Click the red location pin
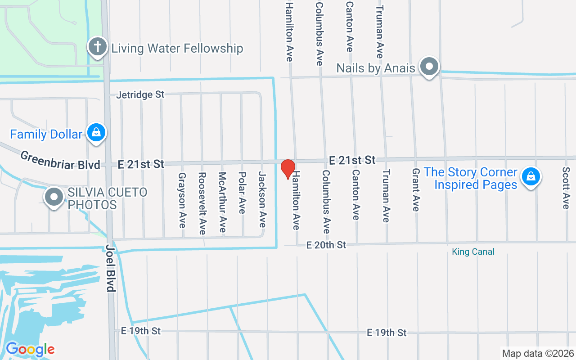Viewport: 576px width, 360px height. (288, 169)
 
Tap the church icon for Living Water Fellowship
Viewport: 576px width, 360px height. (97, 47)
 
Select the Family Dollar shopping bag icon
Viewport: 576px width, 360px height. (96, 133)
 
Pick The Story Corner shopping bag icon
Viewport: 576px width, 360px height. (531, 176)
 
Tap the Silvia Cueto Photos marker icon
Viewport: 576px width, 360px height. (54, 197)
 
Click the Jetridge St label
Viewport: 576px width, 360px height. (140, 95)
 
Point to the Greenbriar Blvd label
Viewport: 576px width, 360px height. (60, 161)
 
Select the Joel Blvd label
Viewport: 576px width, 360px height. (110, 268)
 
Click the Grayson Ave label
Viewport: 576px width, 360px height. (182, 200)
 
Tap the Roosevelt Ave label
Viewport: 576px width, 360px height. (202, 203)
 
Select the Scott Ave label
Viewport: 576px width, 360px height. (566, 188)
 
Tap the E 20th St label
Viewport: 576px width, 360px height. (326, 245)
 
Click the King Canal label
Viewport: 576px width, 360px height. (473, 252)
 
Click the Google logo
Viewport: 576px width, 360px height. (30, 349)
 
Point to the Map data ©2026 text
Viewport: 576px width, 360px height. (538, 353)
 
